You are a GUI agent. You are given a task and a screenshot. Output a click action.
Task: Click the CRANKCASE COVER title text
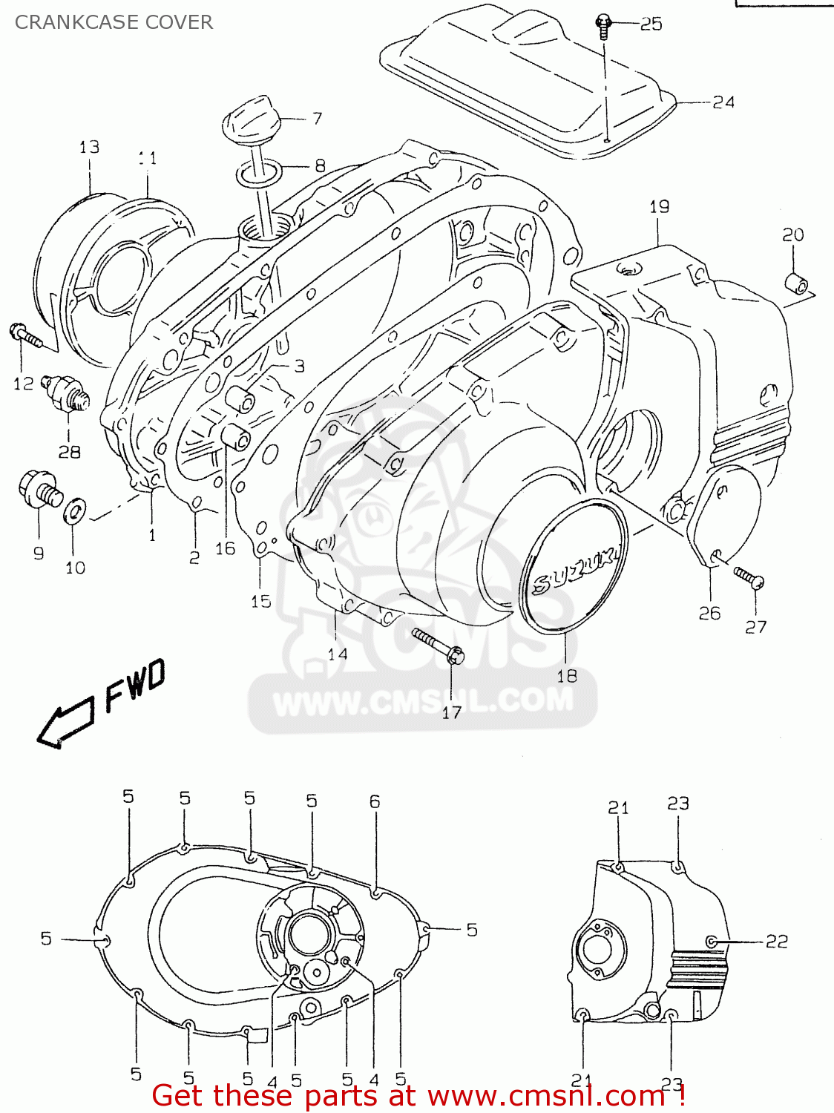[114, 22]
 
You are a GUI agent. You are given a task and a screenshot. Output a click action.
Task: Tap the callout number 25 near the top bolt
[651, 24]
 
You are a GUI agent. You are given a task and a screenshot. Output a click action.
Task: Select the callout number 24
[723, 102]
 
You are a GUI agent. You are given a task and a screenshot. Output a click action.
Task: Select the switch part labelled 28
[68, 391]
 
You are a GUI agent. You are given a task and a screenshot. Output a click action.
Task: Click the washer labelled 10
[75, 510]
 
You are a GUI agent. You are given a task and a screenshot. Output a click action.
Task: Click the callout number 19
[660, 207]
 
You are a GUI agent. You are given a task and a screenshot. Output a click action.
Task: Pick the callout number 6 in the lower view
[375, 801]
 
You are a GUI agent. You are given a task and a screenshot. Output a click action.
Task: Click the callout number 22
[776, 941]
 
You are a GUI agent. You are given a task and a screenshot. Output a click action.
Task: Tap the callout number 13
[89, 147]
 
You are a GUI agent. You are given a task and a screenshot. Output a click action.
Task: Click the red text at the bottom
[418, 1095]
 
